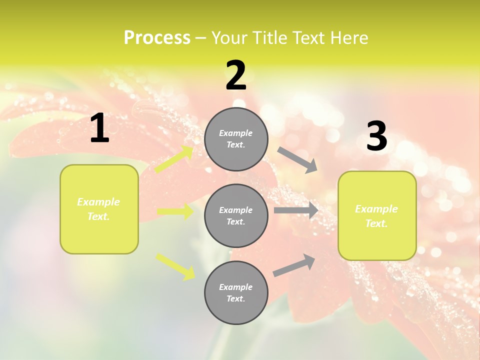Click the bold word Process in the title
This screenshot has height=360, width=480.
[x=157, y=38]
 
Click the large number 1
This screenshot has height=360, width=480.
[x=99, y=128]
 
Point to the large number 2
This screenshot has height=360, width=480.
[x=236, y=75]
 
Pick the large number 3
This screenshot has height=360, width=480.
[x=376, y=136]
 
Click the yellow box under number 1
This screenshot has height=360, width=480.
[x=99, y=209]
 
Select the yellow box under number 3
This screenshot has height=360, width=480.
[x=377, y=216]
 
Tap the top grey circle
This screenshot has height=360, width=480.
[x=236, y=139]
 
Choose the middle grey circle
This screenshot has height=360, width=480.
[x=236, y=216]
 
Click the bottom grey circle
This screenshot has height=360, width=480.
[x=236, y=293]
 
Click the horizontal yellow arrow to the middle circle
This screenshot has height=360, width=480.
[x=175, y=212]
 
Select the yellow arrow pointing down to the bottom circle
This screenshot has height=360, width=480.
[x=175, y=266]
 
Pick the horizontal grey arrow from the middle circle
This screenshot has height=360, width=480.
[x=296, y=210]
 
